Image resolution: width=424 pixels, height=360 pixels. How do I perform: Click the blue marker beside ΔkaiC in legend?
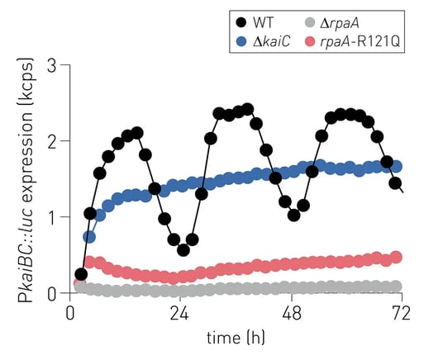(x=241, y=39)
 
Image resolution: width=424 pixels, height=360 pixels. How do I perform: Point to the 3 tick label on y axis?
(x=52, y=65)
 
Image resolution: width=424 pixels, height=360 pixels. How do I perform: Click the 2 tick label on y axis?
(x=52, y=141)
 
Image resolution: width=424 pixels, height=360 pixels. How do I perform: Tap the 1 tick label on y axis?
(x=52, y=217)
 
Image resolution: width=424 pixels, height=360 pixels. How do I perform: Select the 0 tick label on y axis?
(x=52, y=293)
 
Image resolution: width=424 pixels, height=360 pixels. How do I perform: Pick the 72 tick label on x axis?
(x=400, y=314)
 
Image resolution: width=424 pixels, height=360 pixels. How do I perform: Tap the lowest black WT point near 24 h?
(x=183, y=249)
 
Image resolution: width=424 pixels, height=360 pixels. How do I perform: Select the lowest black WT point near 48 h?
(x=293, y=215)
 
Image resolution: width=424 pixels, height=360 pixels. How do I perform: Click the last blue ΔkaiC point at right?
(x=395, y=166)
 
